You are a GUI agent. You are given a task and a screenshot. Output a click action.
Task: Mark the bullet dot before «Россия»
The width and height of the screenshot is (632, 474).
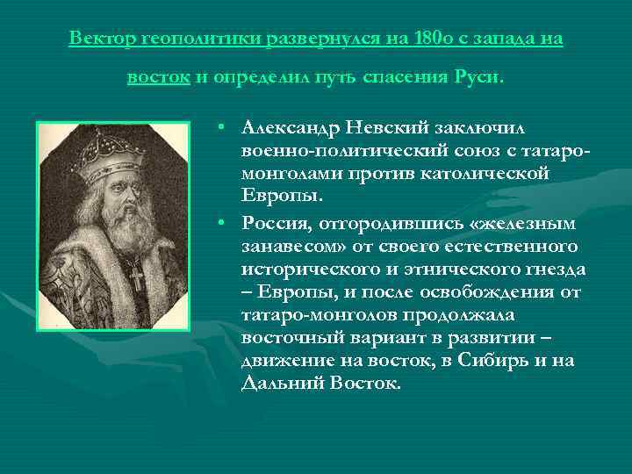tap(225, 219)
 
